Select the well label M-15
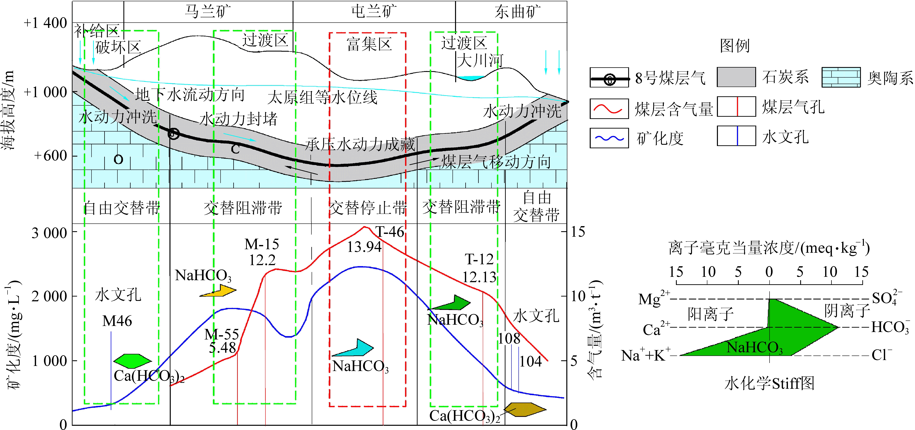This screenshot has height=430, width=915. point(262,244)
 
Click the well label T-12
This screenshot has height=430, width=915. point(479,259)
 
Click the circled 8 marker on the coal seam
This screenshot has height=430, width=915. point(173,133)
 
